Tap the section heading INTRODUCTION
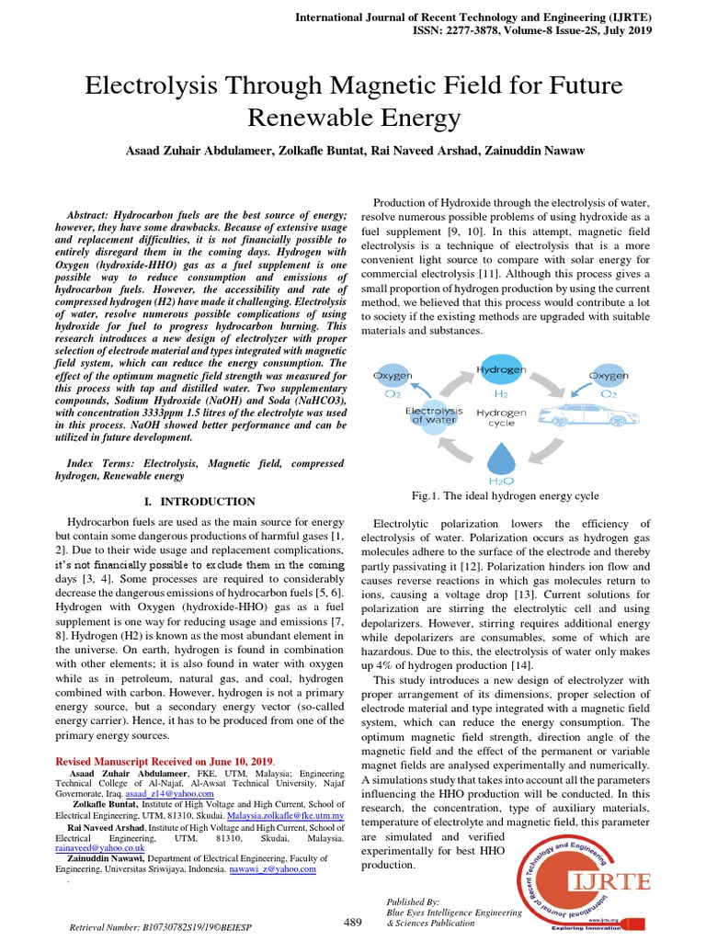click(x=208, y=502)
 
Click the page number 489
click(x=352, y=922)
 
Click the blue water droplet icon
click(x=501, y=457)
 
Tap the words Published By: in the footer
click(x=414, y=902)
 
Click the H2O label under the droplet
click(x=501, y=481)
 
